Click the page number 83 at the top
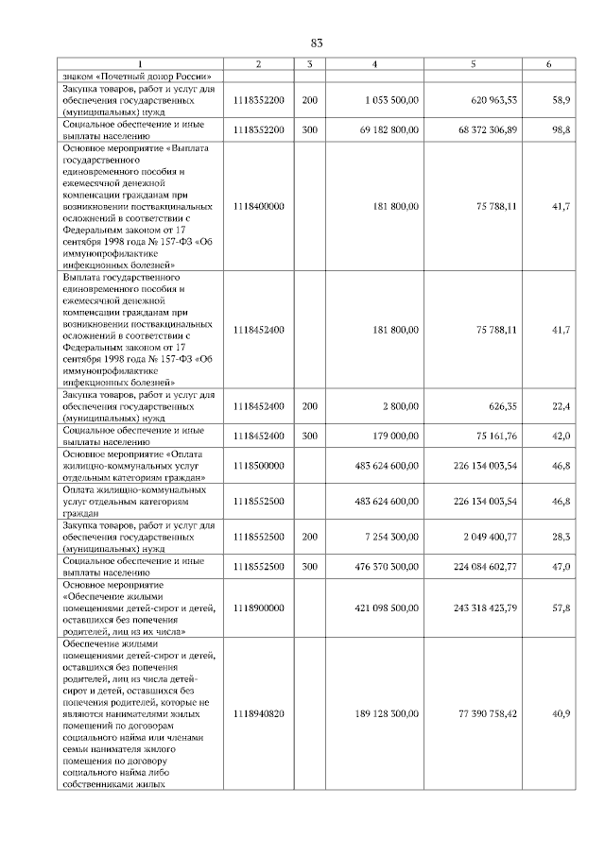pyautogui.click(x=317, y=43)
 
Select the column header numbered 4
pyautogui.click(x=375, y=64)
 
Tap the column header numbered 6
pyautogui.click(x=549, y=64)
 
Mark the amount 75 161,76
pyautogui.click(x=492, y=436)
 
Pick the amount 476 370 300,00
pyautogui.click(x=386, y=567)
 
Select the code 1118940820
pyautogui.click(x=259, y=713)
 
